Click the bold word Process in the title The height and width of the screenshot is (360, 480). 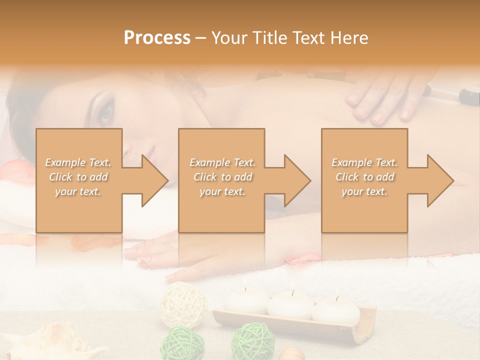coord(157,37)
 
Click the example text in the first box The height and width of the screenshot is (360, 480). coord(78,177)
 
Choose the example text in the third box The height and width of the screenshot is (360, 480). coord(364,177)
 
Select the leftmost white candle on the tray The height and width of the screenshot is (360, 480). coord(245,300)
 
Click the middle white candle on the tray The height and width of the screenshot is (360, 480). coord(290,305)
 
